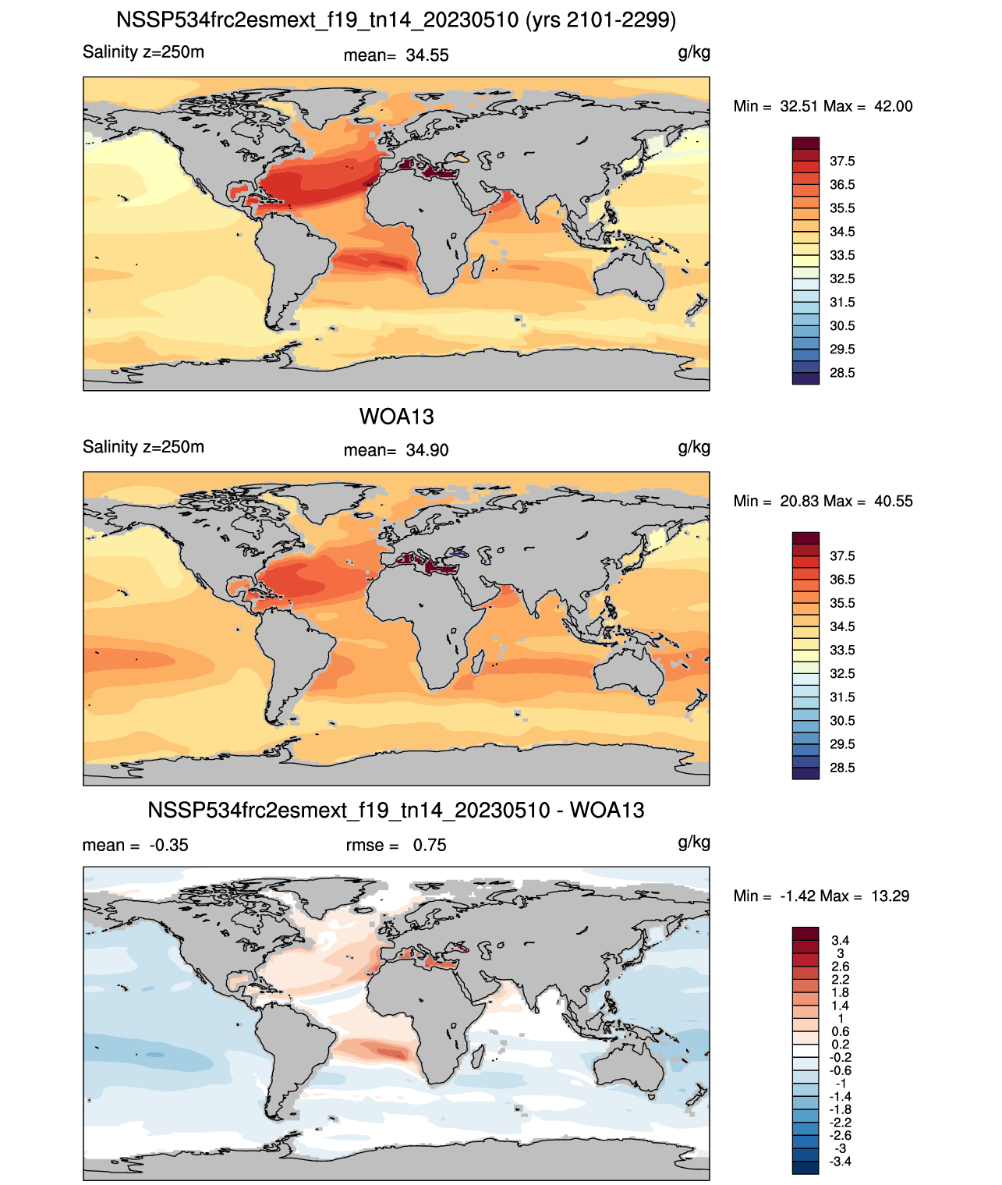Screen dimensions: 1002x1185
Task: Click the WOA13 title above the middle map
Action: [x=396, y=417]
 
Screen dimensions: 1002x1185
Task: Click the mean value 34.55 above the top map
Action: [x=427, y=55]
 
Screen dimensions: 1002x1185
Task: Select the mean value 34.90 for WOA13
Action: [x=427, y=450]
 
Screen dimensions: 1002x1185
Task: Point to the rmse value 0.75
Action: [x=429, y=845]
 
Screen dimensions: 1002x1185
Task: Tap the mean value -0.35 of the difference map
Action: [x=168, y=845]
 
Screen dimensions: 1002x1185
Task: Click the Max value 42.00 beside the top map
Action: [x=893, y=106]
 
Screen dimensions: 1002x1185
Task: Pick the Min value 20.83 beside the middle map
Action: [x=799, y=501]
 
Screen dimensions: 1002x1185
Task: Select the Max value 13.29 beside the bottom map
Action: [x=890, y=896]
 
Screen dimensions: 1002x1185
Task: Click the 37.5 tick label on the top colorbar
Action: [x=841, y=161]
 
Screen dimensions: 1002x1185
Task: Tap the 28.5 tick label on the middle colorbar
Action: [x=841, y=768]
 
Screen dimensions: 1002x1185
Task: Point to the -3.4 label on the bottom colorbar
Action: [x=840, y=1162]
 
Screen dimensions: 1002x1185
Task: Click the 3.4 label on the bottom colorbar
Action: [x=840, y=940]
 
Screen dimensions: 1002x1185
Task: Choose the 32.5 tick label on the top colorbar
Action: [x=841, y=279]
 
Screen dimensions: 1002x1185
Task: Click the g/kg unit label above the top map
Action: [x=694, y=53]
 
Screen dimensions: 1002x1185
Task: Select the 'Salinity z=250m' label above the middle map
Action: [x=143, y=446]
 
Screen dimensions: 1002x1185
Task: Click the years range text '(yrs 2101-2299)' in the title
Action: [x=600, y=20]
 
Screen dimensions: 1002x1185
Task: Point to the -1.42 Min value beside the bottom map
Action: [x=798, y=896]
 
